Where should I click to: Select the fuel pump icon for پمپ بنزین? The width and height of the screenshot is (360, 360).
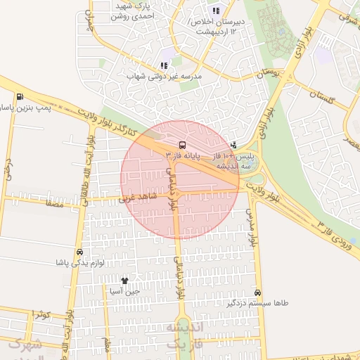pos(19,97)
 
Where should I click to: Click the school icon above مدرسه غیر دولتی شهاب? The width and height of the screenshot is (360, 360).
pos(164,65)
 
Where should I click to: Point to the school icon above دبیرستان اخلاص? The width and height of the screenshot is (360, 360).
pos(216,11)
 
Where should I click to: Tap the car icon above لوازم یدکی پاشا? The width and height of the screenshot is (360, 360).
pos(79,252)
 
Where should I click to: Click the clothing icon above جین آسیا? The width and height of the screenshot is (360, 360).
pos(125,281)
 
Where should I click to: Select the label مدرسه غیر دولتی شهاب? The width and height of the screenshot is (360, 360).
pos(164,75)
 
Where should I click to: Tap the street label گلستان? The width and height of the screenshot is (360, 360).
pos(324,98)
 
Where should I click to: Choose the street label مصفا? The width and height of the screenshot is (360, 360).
pos(54,205)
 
